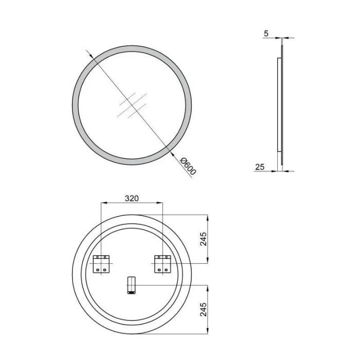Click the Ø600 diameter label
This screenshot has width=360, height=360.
pyautogui.click(x=188, y=166)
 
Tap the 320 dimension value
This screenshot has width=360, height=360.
pyautogui.click(x=132, y=198)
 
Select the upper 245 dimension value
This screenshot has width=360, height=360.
pyautogui.click(x=204, y=239)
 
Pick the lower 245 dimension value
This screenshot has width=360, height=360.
pyautogui.click(x=204, y=309)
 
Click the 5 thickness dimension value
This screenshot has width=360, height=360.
pyautogui.click(x=266, y=33)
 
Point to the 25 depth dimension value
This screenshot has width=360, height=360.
pyautogui.click(x=260, y=167)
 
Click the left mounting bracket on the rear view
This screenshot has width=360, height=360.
pyautogui.click(x=101, y=264)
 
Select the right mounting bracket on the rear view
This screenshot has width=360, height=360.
pyautogui.click(x=163, y=264)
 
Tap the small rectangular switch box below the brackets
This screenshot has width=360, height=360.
pyautogui.click(x=132, y=285)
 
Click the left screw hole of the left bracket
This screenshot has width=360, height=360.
pyautogui.click(x=98, y=270)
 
